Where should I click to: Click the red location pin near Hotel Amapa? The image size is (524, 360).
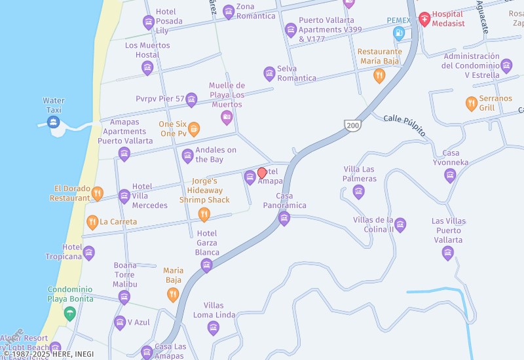point(262,173)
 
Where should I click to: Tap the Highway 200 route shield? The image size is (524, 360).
point(352,124)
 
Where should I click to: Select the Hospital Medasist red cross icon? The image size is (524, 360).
point(424,18)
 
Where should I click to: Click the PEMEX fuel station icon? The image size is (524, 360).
point(398,33)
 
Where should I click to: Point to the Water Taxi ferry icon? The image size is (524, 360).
point(54,122)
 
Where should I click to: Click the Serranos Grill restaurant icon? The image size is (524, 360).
point(471,103)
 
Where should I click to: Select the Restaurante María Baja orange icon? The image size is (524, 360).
point(379,76)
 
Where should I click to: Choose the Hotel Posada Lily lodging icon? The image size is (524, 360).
point(149,22)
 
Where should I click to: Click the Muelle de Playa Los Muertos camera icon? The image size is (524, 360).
point(227,118)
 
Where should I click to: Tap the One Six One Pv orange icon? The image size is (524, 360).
point(194,129)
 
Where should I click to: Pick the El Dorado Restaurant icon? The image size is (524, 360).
point(97,193)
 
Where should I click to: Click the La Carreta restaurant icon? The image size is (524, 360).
point(92,222)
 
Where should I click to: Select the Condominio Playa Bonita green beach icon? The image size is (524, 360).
point(70,314)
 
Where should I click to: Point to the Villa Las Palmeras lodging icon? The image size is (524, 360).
point(358,192)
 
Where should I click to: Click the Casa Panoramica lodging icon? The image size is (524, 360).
point(284,219)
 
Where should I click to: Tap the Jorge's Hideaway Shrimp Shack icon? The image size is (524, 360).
point(204,214)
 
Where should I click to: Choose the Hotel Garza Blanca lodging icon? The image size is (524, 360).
point(207,265)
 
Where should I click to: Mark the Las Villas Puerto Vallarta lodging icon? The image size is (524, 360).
point(448,253)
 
